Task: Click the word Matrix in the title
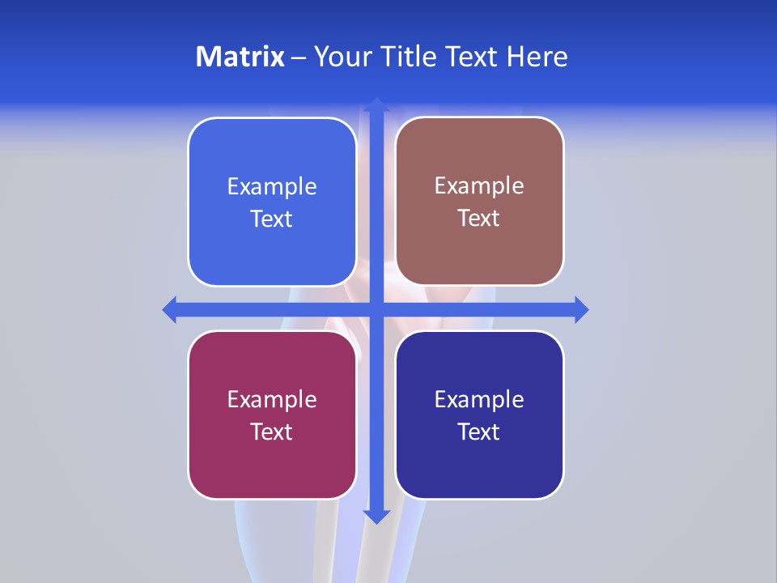click(240, 57)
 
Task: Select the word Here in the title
click(537, 57)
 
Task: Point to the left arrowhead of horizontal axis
click(170, 309)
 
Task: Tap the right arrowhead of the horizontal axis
click(581, 309)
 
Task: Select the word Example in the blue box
click(272, 187)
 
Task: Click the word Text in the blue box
click(272, 219)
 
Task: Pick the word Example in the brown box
click(479, 186)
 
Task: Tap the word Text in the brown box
click(479, 218)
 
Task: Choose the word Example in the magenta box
click(272, 399)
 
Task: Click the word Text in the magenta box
click(272, 432)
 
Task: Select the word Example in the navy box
click(479, 399)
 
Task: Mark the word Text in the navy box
click(479, 432)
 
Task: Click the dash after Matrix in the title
click(299, 57)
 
